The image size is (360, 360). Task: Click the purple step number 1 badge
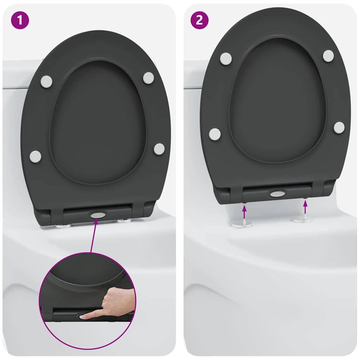(20, 20)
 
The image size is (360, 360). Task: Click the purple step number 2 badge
(199, 20)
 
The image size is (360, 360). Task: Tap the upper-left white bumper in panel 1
(46, 82)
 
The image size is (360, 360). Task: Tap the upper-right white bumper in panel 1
(148, 78)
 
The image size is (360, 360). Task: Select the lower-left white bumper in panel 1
(35, 156)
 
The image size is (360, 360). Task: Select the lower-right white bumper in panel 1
(159, 149)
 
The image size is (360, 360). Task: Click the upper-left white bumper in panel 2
(226, 58)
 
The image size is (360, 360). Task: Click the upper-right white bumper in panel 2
(328, 56)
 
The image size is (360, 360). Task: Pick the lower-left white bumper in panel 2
(214, 134)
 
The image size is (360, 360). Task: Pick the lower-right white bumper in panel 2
(339, 127)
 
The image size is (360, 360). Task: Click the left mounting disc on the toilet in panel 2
(242, 224)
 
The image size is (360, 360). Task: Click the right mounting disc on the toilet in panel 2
(302, 220)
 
